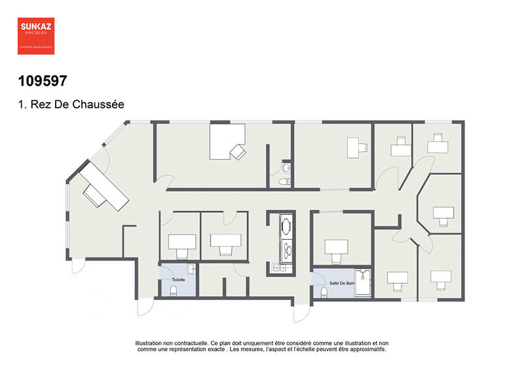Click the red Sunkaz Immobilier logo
(x=35, y=34)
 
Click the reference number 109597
(x=43, y=81)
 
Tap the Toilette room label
(x=178, y=280)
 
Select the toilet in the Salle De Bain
(x=324, y=292)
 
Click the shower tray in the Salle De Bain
(x=363, y=282)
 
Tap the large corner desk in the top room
(x=225, y=142)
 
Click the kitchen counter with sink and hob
(x=286, y=242)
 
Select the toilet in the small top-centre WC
(x=284, y=180)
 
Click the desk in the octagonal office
(x=443, y=213)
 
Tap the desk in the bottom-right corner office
(x=440, y=276)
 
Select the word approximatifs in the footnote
(x=366, y=349)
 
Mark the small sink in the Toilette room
(x=191, y=269)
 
